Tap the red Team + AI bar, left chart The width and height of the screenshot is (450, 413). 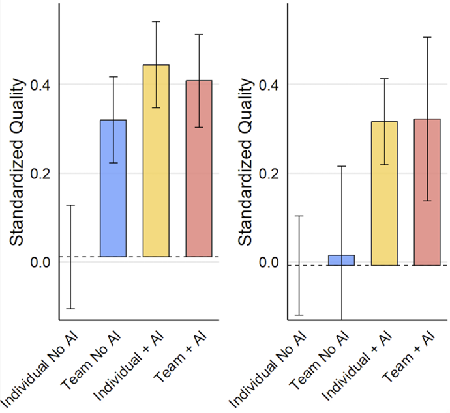pyautogui.click(x=199, y=169)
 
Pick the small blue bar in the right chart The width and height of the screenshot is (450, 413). pyautogui.click(x=341, y=260)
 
